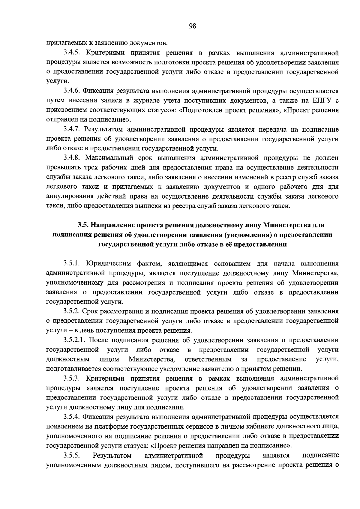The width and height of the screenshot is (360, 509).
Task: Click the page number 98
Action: coord(192,26)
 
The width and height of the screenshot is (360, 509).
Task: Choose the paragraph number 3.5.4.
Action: coord(72,417)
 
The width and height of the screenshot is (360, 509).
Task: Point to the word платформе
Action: coord(112,426)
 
